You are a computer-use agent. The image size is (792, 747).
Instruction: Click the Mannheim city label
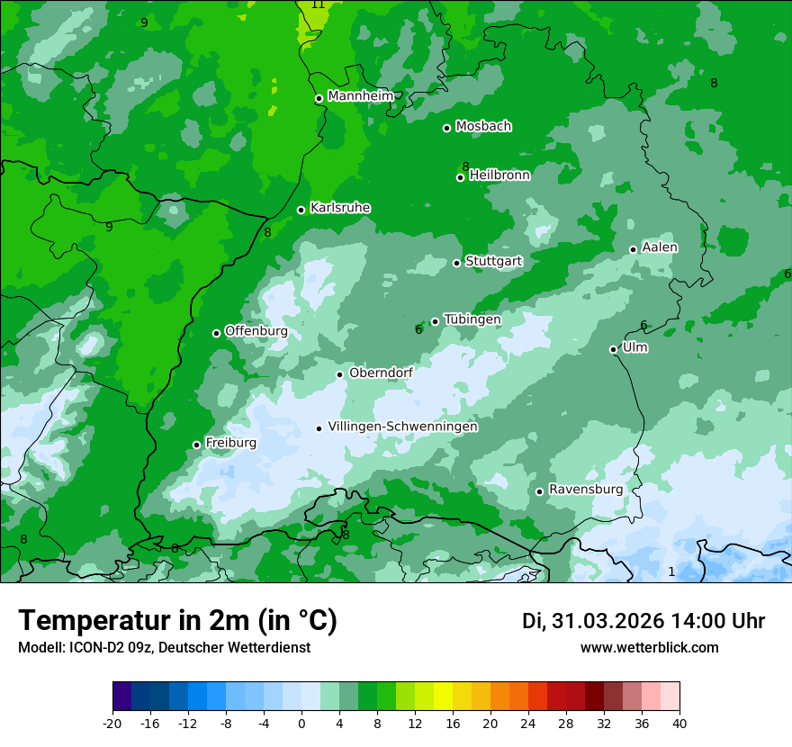click(x=361, y=96)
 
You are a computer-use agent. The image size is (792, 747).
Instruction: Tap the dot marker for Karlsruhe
click(x=301, y=210)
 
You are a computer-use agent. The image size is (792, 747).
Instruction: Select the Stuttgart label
click(x=493, y=261)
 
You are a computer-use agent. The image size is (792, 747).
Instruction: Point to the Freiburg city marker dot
click(x=197, y=445)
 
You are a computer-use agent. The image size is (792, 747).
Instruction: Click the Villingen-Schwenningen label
click(x=402, y=427)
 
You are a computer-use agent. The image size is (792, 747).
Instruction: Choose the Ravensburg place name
click(x=585, y=489)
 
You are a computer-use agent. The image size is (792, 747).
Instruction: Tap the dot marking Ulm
click(x=614, y=349)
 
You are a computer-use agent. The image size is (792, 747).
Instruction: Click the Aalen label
click(x=660, y=247)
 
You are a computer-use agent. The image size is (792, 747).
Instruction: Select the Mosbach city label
click(x=483, y=126)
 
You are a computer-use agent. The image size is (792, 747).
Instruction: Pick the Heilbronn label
click(x=499, y=175)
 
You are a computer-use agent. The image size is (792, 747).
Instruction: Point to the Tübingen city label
click(x=472, y=319)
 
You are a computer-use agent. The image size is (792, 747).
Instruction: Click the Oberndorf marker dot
click(x=340, y=374)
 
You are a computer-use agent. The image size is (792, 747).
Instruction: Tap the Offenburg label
click(x=256, y=331)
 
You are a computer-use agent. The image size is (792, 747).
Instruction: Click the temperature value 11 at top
click(x=318, y=4)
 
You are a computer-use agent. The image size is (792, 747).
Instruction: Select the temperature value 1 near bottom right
click(x=671, y=571)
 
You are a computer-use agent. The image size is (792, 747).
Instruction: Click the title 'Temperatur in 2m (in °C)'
click(x=177, y=621)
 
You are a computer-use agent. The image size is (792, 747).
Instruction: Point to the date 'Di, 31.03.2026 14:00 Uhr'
click(x=643, y=621)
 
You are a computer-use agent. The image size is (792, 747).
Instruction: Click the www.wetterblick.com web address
click(x=649, y=647)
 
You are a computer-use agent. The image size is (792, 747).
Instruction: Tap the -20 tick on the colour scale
click(x=112, y=723)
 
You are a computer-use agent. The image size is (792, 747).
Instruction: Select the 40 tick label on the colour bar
click(x=679, y=723)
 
